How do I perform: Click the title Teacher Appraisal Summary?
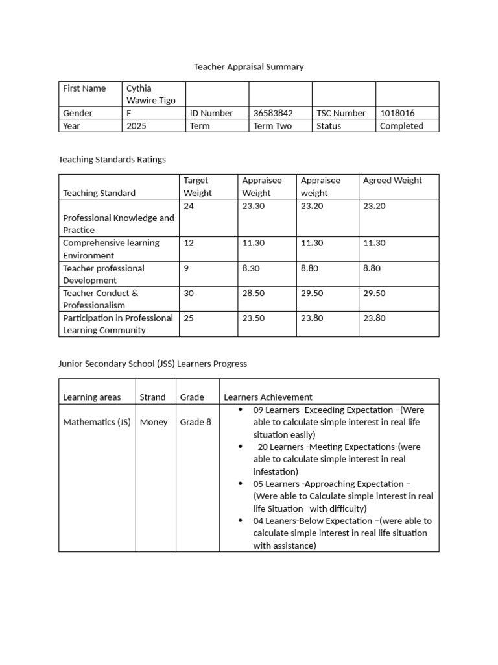249,67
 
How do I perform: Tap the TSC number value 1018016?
397,113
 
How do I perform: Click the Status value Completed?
401,126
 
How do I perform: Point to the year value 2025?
136,126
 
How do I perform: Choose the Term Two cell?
272,126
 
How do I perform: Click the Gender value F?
129,113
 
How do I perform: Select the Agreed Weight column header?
392,181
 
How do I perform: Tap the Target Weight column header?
197,186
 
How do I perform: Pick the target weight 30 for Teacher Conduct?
189,293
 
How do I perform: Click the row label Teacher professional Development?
104,274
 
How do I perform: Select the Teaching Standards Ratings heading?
112,159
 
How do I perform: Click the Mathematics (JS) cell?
97,422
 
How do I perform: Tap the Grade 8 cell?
196,422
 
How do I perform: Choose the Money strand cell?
154,422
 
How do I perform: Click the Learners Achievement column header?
268,397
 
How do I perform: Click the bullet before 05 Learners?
241,484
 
